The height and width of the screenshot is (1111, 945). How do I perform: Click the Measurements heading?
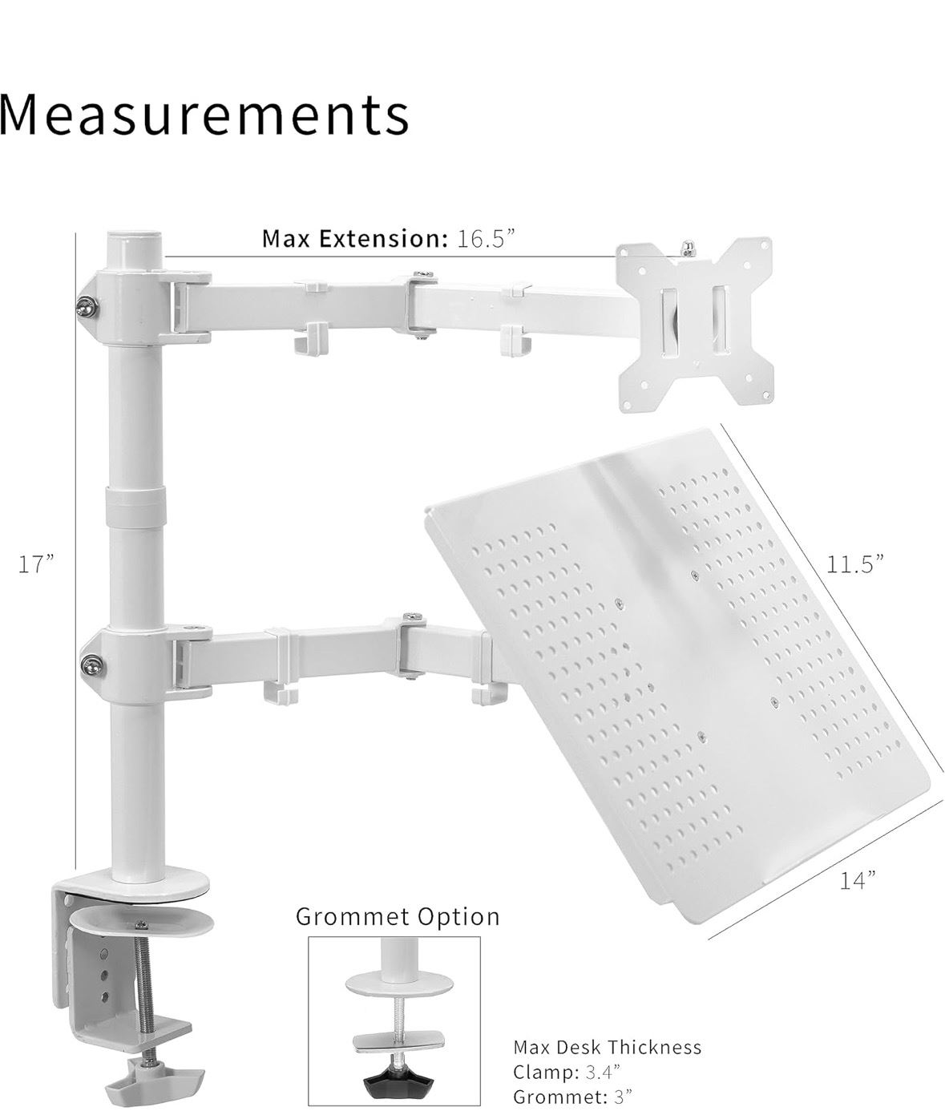(204, 115)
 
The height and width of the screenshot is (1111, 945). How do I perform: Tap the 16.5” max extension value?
(486, 239)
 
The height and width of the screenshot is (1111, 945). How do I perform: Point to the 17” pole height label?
(37, 564)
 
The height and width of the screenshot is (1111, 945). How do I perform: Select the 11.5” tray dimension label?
(854, 564)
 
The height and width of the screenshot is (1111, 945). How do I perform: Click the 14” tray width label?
(858, 880)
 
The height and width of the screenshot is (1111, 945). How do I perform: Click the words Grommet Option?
(398, 916)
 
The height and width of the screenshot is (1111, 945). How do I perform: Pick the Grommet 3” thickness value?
(623, 1097)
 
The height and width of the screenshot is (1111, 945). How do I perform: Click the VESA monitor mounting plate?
(694, 325)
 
